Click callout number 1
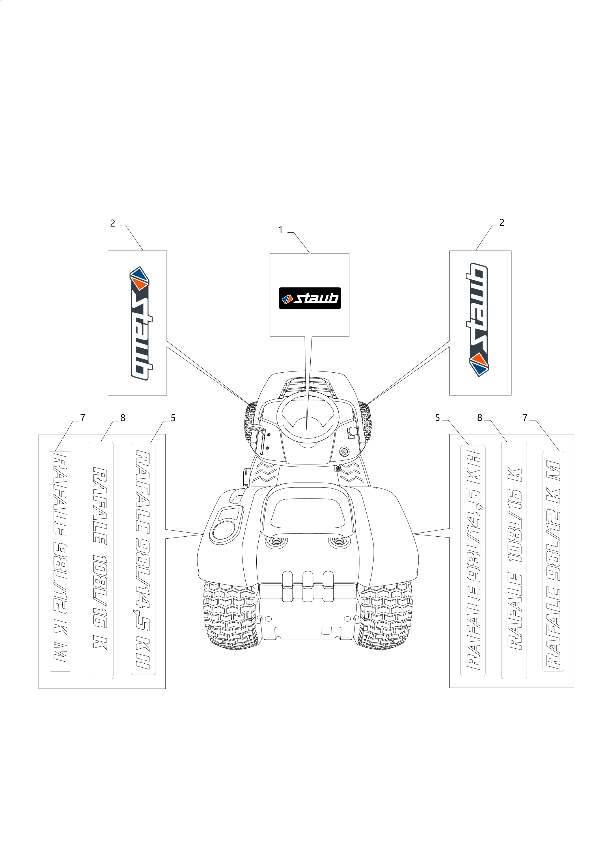(x=280, y=230)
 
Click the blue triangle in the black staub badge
(x=285, y=300)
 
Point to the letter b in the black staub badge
(x=332, y=298)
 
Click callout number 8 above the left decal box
(x=123, y=418)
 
